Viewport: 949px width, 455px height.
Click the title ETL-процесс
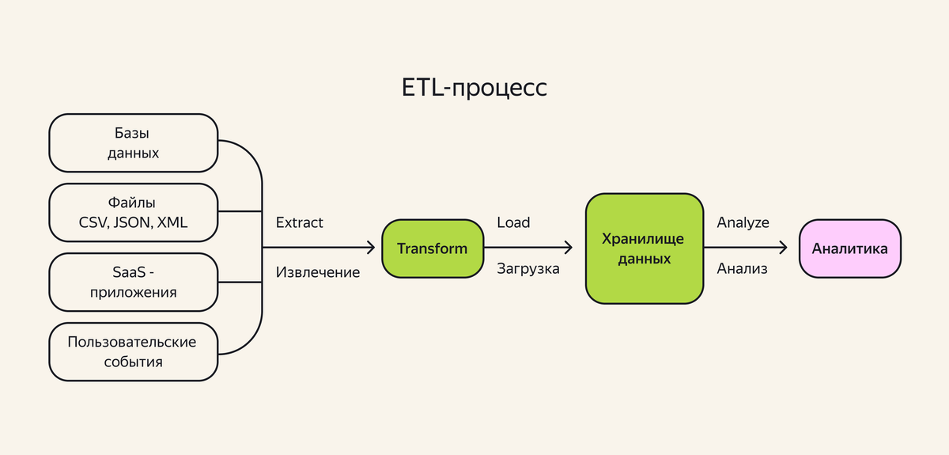[475, 87]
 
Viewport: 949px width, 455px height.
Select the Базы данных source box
[133, 143]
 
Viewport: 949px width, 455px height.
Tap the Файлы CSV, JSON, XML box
[133, 212]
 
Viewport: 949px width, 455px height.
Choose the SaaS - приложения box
[133, 282]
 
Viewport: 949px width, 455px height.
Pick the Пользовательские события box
[133, 351]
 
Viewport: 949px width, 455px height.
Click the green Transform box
[432, 248]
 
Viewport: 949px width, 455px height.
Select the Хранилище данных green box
[644, 248]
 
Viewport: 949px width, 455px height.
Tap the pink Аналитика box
[850, 248]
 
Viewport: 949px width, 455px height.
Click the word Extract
[299, 223]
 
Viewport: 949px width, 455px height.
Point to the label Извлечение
[318, 273]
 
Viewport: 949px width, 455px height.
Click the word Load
[513, 223]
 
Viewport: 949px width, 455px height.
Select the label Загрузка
[527, 269]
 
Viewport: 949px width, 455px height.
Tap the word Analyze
[743, 223]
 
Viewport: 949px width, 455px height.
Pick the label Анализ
[742, 269]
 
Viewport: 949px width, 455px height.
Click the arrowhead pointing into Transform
[370, 248]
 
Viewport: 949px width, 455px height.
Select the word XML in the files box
[172, 222]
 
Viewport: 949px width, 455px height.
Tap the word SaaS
[128, 272]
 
